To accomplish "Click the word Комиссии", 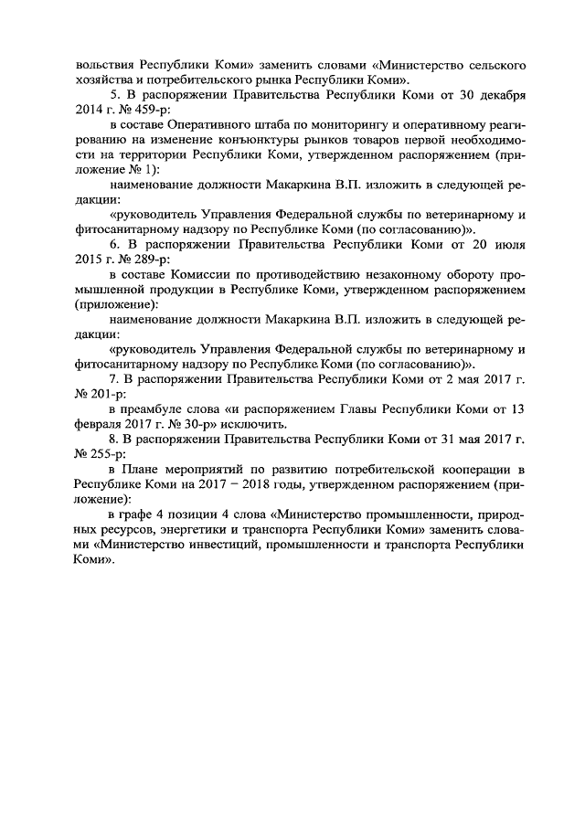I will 217,276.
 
